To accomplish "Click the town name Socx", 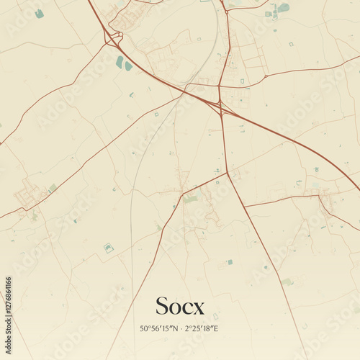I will pos(180,306).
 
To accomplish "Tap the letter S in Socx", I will pos(163,305).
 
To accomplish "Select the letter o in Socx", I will pos(175,307).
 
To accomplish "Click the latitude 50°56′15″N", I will pos(158,328).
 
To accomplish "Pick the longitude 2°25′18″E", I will pos(202,328).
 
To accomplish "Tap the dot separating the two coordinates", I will pos(180,328).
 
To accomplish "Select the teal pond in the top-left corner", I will pos(40,14).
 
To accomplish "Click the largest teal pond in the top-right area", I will pos(284,8).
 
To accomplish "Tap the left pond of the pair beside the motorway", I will pos(120,63).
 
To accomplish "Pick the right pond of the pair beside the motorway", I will pos(129,66).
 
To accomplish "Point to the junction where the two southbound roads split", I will pos(228,173).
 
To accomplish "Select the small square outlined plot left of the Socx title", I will pos(109,248).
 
